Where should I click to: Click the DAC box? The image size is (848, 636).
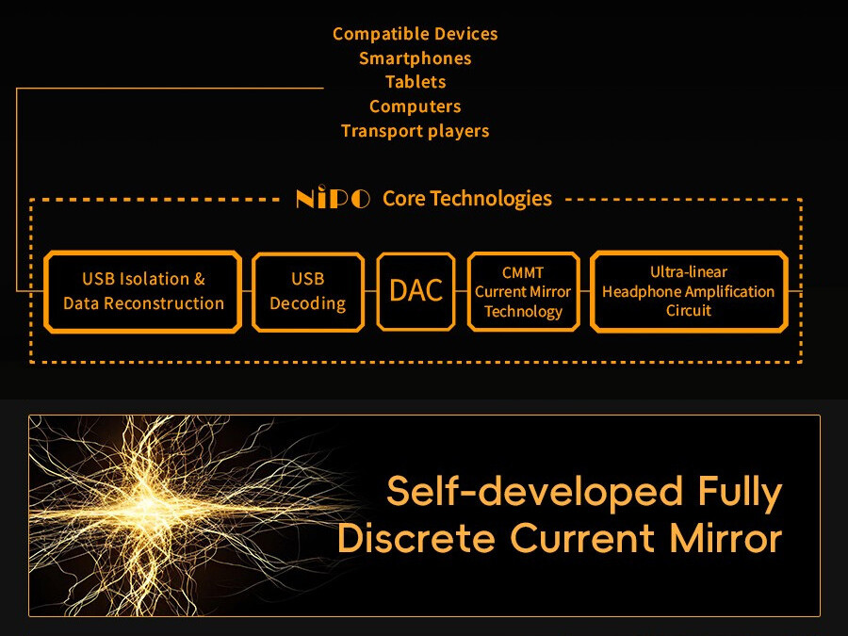coord(416,291)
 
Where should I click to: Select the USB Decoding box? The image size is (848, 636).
coord(307,291)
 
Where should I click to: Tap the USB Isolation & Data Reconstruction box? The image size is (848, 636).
coord(143,291)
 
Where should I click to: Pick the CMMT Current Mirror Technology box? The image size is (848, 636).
coord(523,291)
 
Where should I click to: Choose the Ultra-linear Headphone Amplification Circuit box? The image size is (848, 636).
coord(688,291)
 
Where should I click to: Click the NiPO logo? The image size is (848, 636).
coord(333,199)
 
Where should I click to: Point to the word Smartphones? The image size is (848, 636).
coord(415,58)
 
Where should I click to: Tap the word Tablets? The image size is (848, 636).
coord(415,82)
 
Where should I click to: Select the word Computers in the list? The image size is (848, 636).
coord(415,106)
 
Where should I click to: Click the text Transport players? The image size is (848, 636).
coord(415,131)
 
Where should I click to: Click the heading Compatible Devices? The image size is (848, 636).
coord(415,34)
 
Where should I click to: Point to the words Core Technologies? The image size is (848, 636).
coord(466,199)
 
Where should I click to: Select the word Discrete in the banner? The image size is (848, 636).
coord(417,539)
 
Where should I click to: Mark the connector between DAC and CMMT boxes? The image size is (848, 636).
coord(461,292)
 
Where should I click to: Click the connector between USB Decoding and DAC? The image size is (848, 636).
coord(370,292)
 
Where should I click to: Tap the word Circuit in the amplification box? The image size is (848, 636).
coord(688,311)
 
